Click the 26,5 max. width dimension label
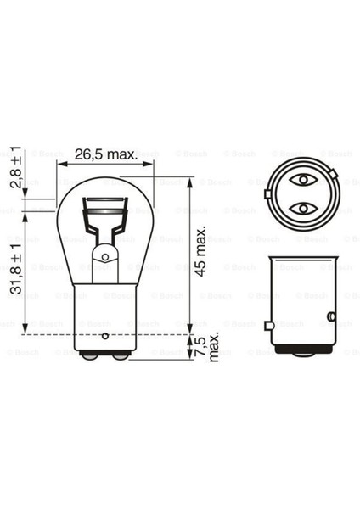click(104, 155)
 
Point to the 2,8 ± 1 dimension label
click(14, 172)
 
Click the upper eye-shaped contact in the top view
click(301, 180)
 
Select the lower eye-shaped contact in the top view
click(301, 208)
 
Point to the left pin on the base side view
click(267, 324)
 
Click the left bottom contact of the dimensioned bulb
click(93, 357)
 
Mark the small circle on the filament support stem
click(105, 255)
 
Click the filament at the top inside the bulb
click(105, 206)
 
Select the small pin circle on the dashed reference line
click(105, 333)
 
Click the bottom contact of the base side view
click(301, 356)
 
